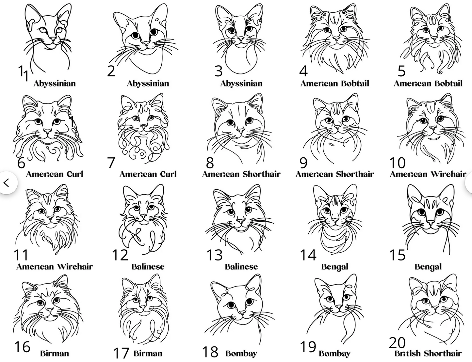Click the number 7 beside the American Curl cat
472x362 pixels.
(111, 163)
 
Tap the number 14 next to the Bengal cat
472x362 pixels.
(308, 255)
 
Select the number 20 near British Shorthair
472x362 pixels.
(397, 343)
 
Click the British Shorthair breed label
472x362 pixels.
(428, 354)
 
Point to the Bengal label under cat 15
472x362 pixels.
(428, 267)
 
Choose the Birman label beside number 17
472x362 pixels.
(148, 354)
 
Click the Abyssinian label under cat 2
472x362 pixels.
(148, 84)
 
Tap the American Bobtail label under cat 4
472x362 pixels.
(335, 83)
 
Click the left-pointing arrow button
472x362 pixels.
(7, 183)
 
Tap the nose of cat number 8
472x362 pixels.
(240, 131)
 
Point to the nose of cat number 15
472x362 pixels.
(431, 222)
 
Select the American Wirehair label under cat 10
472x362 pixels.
(428, 174)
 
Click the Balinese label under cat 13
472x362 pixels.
(241, 267)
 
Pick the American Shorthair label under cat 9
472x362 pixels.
(335, 174)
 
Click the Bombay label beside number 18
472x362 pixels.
(241, 354)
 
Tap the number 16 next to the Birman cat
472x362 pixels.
(22, 347)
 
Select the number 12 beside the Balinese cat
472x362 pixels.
(120, 255)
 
